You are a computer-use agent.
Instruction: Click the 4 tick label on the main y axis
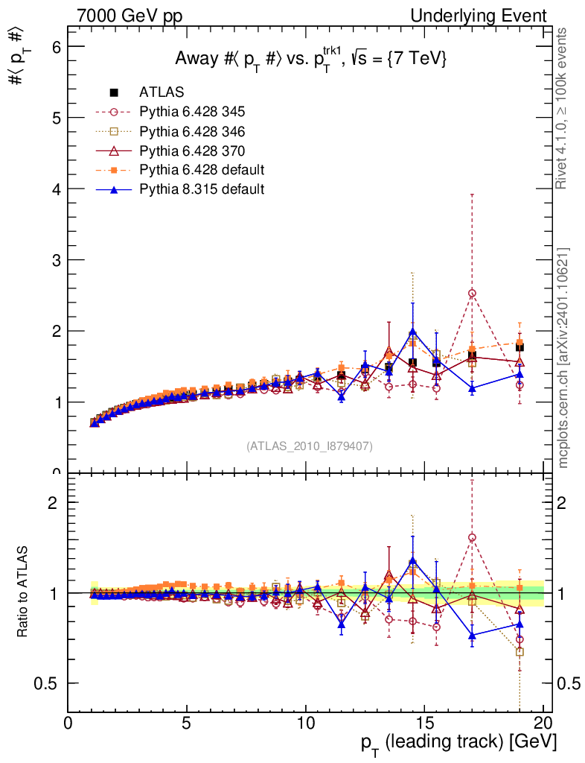tap(54, 189)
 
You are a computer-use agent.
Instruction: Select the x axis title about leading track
tap(459, 743)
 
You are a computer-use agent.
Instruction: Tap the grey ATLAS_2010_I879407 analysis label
tap(310, 446)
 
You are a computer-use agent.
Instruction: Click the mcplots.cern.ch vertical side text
tap(563, 358)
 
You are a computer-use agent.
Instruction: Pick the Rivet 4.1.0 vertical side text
tap(563, 108)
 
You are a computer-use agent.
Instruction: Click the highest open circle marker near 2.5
tap(472, 293)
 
